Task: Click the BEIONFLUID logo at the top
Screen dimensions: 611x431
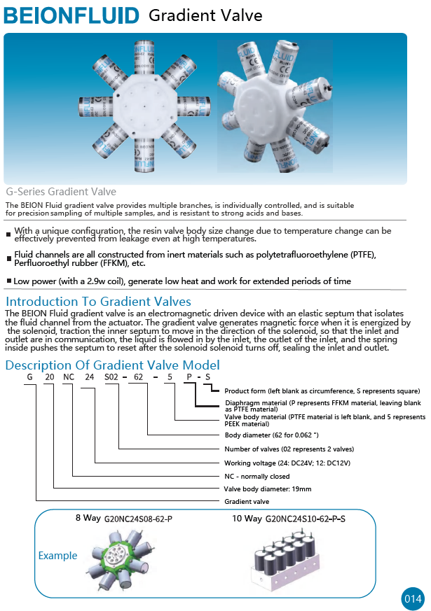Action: tap(71, 15)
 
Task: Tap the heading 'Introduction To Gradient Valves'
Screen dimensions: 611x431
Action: tap(98, 302)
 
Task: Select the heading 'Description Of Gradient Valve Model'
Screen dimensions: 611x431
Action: tap(113, 365)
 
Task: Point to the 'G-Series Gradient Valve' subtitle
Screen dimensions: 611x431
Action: tap(61, 192)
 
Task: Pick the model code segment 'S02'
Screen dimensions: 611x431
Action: tap(111, 378)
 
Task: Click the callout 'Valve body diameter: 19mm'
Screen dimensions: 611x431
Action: tap(267, 489)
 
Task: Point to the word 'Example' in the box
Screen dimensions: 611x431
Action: tap(58, 556)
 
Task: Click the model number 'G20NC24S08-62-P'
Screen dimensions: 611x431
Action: tap(138, 520)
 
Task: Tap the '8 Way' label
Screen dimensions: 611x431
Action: tap(88, 519)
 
